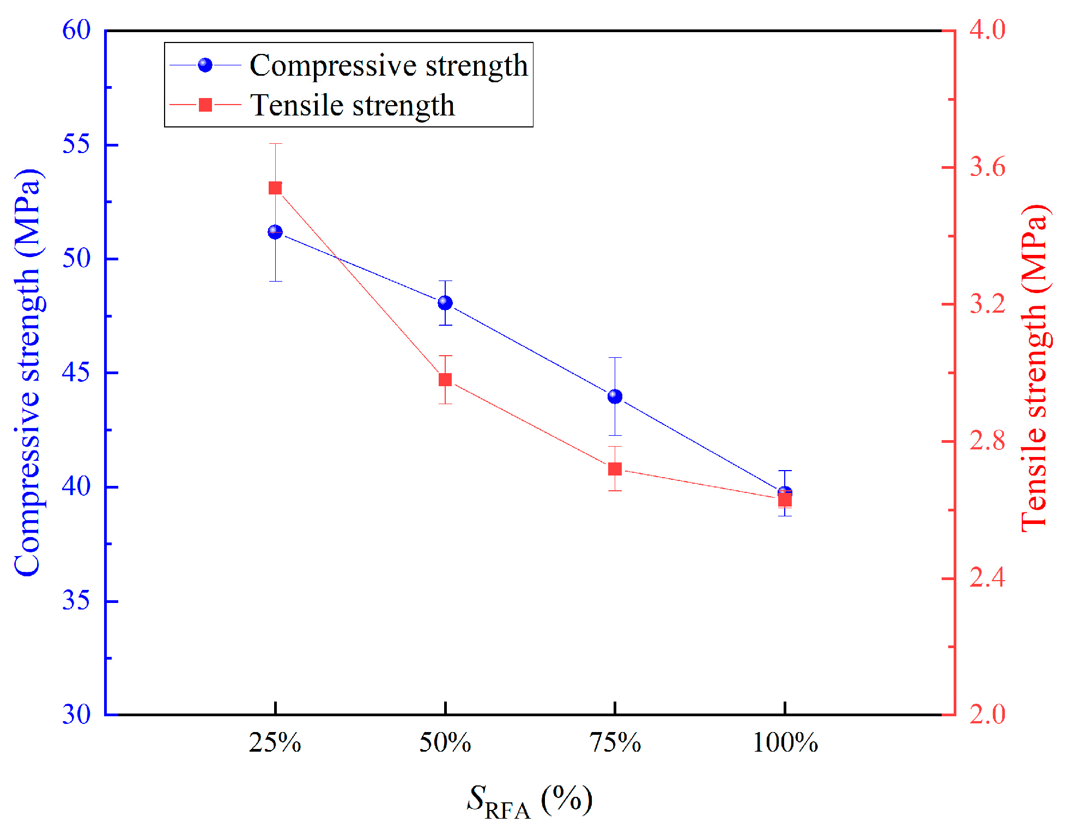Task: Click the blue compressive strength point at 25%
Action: coord(275,233)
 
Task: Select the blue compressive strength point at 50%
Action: coord(445,303)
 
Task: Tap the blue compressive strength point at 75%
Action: coord(615,397)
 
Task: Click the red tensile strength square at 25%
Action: coord(275,188)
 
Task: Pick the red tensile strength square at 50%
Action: coord(445,380)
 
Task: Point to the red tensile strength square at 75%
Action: coord(615,469)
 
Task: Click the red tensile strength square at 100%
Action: coord(785,499)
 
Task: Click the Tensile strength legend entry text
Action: coord(352,106)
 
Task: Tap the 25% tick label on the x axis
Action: coord(275,743)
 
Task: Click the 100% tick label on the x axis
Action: coord(785,743)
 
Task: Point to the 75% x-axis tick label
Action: coord(615,743)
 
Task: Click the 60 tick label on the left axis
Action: coord(76,30)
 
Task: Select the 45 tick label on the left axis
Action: coord(76,373)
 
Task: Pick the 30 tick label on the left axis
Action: coord(76,715)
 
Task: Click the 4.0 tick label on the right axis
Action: coord(987,30)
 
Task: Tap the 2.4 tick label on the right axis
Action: coord(987,578)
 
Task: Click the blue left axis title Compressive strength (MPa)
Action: coord(28,373)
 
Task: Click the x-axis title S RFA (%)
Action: coord(530,801)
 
